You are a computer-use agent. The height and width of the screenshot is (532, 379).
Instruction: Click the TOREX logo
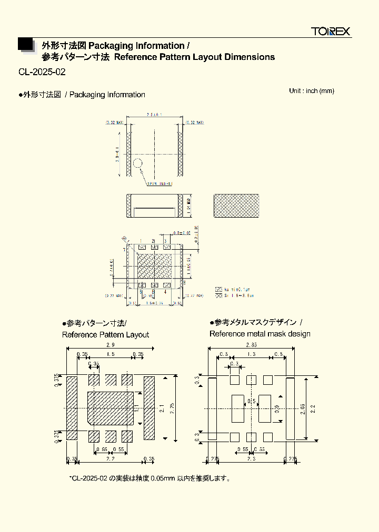(330, 32)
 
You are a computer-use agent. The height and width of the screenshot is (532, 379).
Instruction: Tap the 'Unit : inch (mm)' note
(312, 91)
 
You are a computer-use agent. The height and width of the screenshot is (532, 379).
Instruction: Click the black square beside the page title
(25, 44)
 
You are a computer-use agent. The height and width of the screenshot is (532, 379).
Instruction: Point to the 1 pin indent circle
(137, 163)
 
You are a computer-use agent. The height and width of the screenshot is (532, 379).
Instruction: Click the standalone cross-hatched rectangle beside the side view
(236, 206)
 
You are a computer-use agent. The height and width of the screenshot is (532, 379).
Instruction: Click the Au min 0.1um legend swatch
(218, 290)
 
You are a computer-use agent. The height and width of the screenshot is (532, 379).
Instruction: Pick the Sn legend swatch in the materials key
(218, 296)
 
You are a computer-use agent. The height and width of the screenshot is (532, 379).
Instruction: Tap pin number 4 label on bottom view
(165, 292)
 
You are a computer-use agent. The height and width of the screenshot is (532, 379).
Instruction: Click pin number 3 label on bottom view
(165, 241)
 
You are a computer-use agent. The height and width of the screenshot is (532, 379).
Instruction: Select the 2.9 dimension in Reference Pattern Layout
(109, 344)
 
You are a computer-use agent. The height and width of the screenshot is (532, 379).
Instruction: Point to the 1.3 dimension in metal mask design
(252, 354)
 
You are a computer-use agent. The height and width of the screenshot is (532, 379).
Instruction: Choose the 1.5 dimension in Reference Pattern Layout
(110, 354)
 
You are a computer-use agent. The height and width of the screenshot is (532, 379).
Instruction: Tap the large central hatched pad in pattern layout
(110, 407)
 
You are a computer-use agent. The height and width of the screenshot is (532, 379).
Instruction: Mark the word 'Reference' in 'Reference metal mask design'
(225, 334)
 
